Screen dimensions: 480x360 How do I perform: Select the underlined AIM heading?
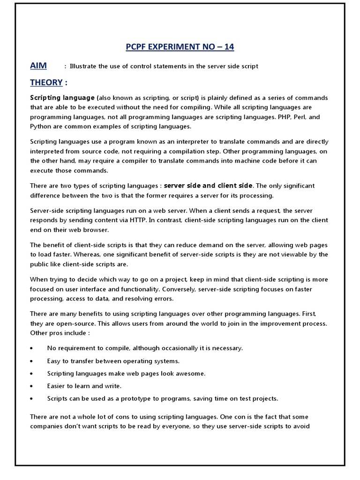pos(39,66)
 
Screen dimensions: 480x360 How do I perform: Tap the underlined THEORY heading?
pos(46,82)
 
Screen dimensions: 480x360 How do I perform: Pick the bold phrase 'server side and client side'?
pos(208,186)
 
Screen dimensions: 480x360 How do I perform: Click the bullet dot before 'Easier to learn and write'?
pos(31,386)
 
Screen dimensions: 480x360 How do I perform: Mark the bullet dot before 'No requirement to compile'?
pos(31,348)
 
